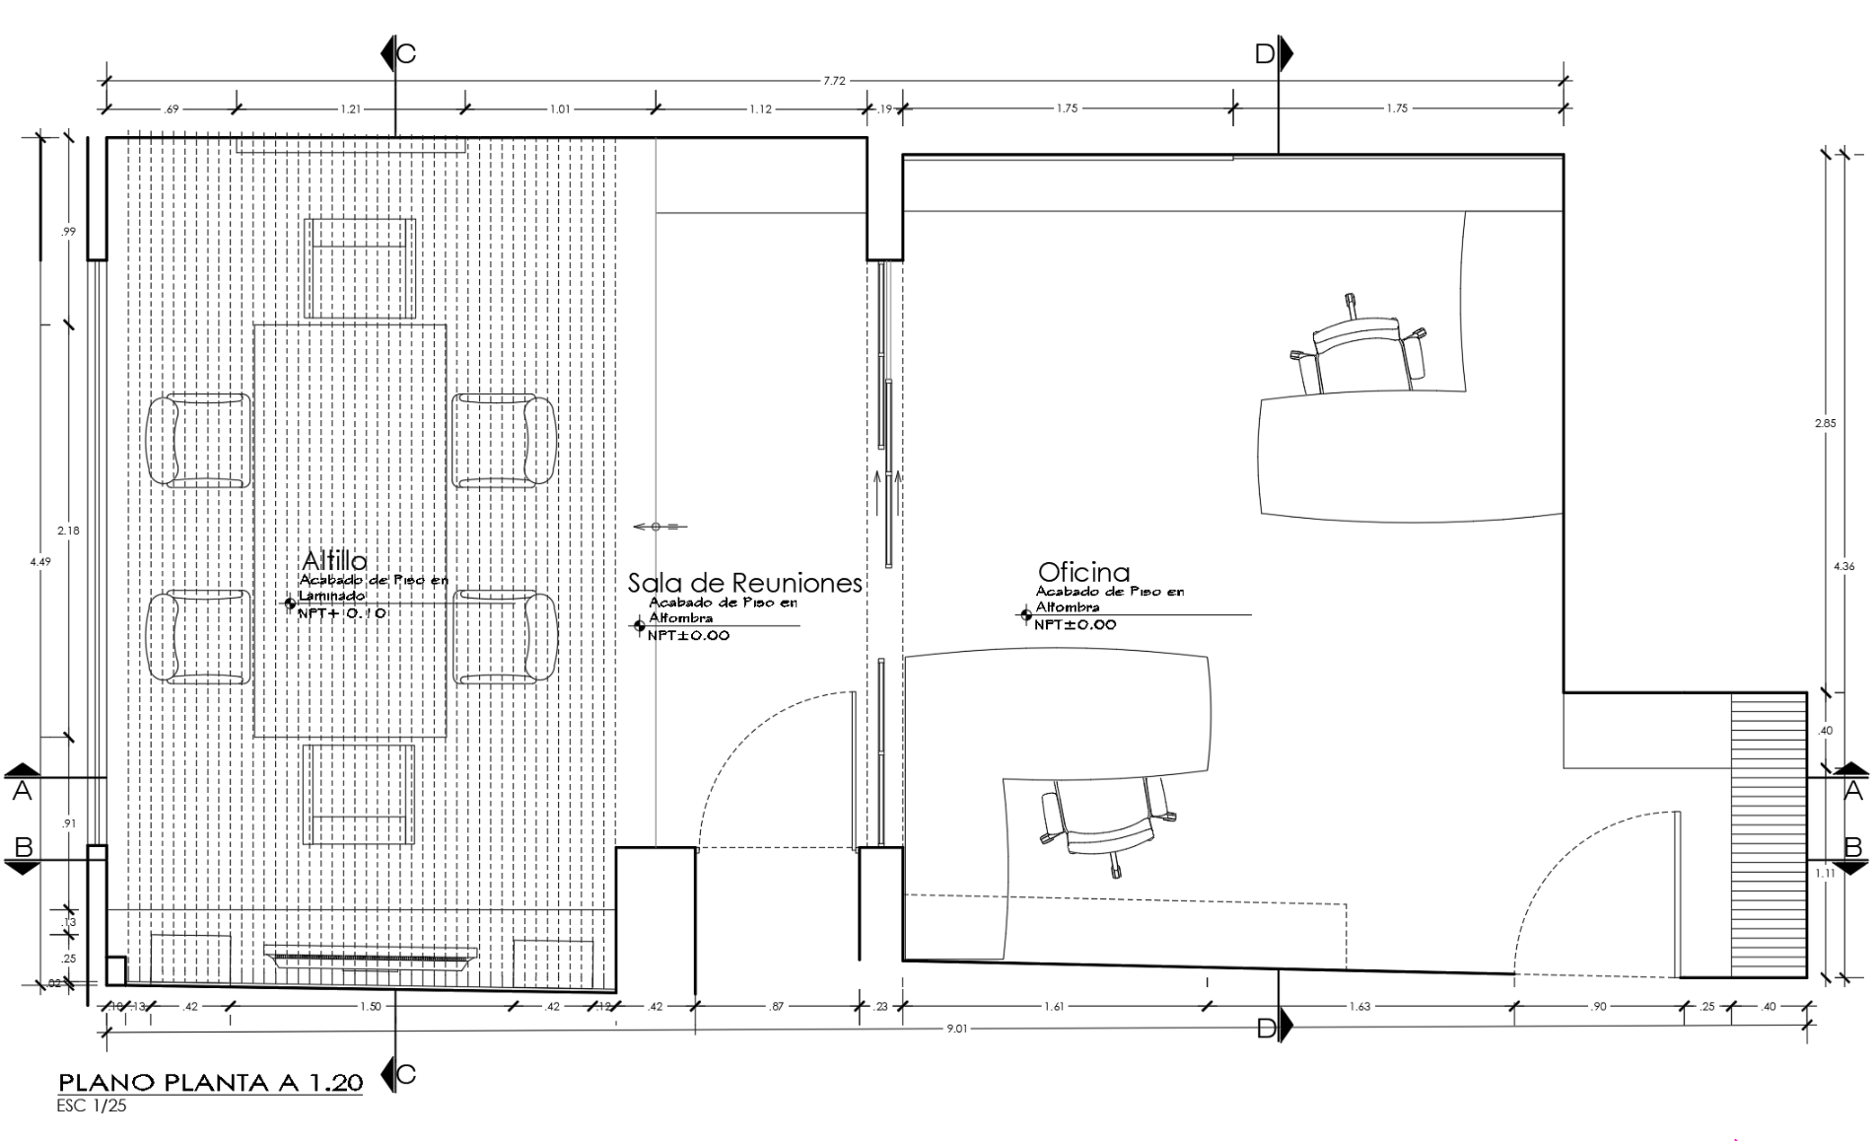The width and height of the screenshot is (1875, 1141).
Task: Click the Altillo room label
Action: (334, 561)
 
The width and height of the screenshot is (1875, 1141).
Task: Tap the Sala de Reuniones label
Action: (744, 583)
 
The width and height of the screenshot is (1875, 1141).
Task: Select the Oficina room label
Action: (1083, 572)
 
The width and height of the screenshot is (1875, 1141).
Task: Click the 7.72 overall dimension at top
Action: (834, 81)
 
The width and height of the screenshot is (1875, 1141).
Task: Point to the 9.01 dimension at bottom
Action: (956, 1029)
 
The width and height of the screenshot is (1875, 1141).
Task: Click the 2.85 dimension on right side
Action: (1825, 423)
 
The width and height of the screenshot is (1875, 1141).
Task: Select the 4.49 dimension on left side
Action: (40, 561)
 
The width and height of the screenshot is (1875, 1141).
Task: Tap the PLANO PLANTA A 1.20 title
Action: (211, 1082)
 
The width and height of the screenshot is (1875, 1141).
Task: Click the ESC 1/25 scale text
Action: (92, 1105)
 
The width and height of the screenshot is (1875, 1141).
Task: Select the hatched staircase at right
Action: (1769, 834)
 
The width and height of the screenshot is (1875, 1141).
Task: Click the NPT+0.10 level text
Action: (342, 612)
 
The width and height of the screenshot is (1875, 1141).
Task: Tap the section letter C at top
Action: (405, 53)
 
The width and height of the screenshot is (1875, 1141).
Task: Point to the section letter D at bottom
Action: (1266, 1029)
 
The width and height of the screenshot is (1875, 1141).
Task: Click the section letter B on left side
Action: (24, 847)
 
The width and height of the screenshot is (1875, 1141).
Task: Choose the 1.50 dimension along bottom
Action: (370, 1007)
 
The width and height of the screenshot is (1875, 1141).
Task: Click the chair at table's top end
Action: (359, 268)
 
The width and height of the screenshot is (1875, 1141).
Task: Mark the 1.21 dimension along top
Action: (350, 109)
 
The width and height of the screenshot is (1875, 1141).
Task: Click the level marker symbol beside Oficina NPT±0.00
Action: (1026, 615)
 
